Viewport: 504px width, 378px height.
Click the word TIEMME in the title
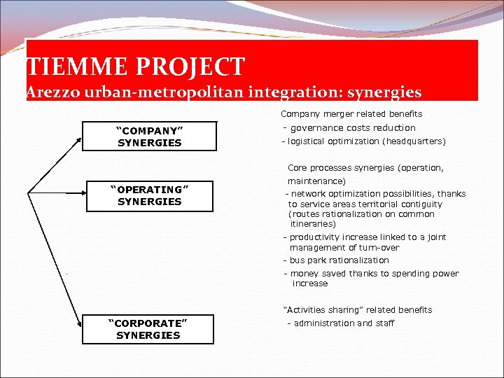click(66, 67)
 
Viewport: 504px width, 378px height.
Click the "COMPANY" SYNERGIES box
click(150, 136)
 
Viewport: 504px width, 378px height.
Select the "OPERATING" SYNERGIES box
click(150, 195)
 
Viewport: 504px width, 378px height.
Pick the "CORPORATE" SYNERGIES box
click(148, 329)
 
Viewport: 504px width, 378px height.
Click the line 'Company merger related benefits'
click(351, 114)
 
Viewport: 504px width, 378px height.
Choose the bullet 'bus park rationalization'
click(339, 260)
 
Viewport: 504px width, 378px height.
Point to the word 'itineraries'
click(313, 224)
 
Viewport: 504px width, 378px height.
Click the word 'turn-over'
click(379, 248)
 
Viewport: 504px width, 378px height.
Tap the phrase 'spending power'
click(426, 274)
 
